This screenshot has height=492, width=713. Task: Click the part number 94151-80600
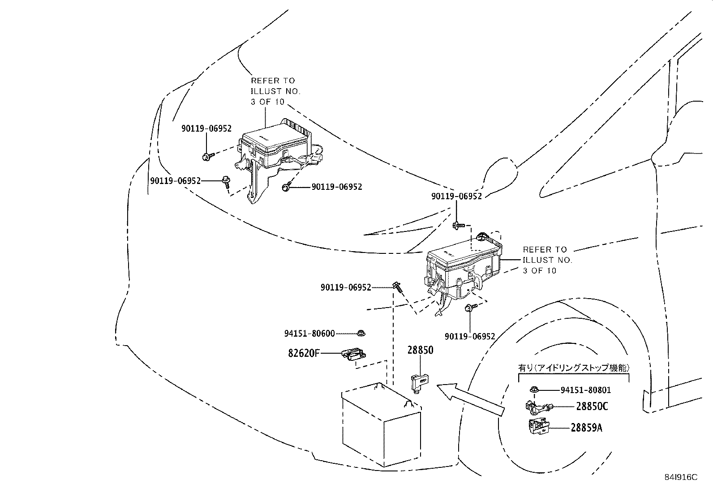coord(309,334)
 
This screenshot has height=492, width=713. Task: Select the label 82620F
coord(304,353)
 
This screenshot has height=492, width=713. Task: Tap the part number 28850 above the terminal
coord(420,350)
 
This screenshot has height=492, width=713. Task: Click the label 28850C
coord(592,407)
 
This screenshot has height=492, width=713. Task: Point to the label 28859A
coord(586,428)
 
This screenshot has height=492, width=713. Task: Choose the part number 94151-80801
coord(586,390)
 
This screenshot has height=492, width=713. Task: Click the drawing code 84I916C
coord(680,477)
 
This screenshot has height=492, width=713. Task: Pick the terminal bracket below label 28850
coord(419,383)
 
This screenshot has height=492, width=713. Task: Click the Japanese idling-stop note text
coord(574,368)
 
